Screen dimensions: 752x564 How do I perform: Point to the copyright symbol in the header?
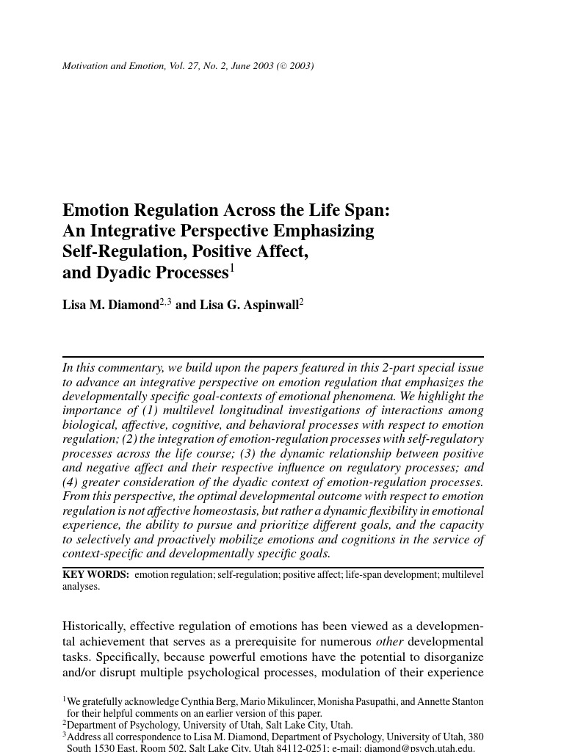coord(283,66)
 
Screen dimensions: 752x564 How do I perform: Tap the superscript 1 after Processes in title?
coord(232,268)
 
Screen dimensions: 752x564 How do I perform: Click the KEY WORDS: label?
coord(95,574)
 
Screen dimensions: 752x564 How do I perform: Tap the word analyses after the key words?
coord(81,586)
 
